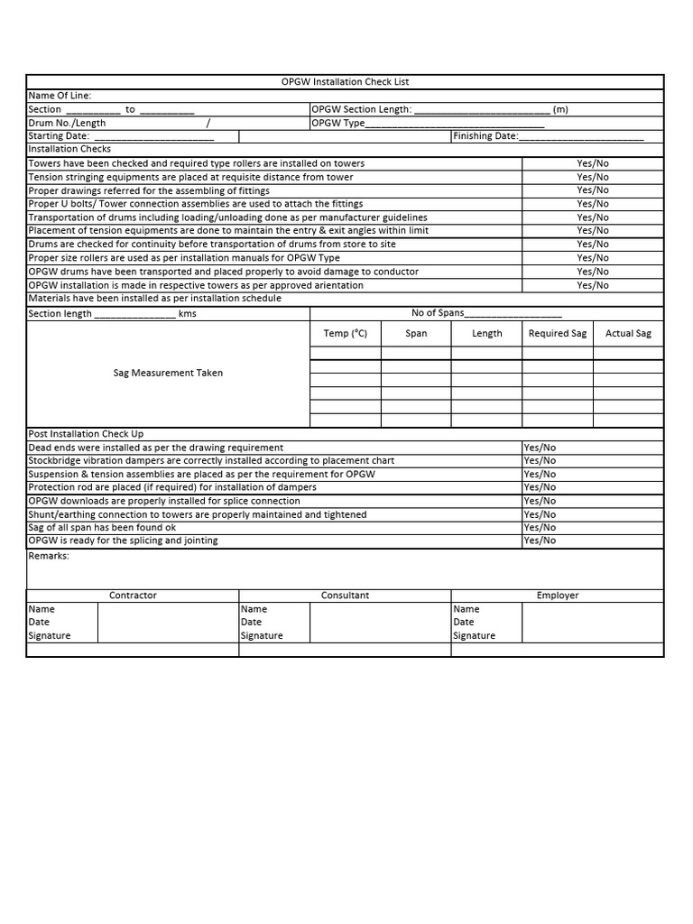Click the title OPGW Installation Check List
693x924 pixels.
point(345,82)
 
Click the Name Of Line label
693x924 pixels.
point(60,96)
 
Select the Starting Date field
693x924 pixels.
point(153,136)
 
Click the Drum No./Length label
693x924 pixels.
point(67,123)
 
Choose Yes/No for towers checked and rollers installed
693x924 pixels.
point(593,163)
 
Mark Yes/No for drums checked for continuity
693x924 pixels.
point(593,245)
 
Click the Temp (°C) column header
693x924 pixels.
point(346,334)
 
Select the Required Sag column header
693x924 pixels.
point(557,334)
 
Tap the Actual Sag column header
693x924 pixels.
point(628,334)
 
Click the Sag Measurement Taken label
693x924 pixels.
point(168,373)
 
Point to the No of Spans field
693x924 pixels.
point(512,313)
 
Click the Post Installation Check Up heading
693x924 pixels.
point(86,434)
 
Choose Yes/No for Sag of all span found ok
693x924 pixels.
point(540,528)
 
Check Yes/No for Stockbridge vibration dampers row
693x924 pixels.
point(540,461)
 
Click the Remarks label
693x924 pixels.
point(49,556)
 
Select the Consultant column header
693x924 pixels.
point(345,596)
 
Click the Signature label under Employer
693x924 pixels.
point(474,636)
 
